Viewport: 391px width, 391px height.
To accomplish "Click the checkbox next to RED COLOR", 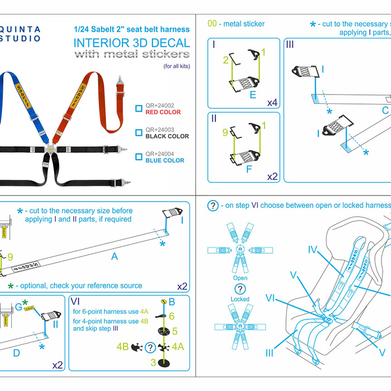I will coord(139,108).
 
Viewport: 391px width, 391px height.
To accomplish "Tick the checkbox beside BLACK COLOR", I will coord(139,132).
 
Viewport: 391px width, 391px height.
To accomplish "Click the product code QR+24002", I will coord(159,104).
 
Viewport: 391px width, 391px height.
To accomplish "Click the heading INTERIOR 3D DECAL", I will coord(132,43).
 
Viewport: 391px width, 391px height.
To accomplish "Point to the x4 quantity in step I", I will coord(272,103).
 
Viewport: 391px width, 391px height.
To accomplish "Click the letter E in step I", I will coord(253,95).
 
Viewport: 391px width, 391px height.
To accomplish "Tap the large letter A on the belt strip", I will coord(115,256).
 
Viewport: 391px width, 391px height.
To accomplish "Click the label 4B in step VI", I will coord(123,347).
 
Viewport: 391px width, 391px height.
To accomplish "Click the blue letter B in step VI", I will coord(172,302).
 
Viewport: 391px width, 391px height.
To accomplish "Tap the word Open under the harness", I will coord(240,278).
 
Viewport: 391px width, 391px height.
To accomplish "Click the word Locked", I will coord(240,299).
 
